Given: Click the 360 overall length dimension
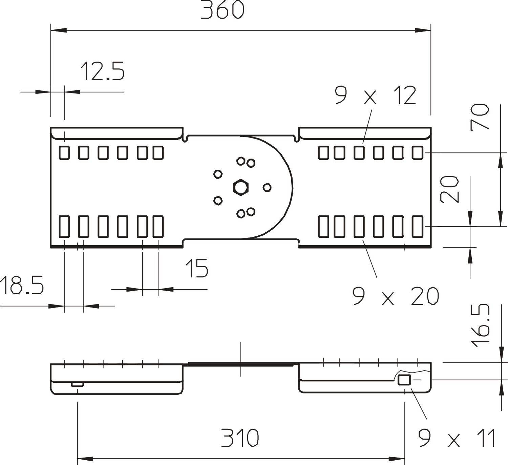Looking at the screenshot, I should (x=222, y=10).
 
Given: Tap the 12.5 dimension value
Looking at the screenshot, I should (x=102, y=71).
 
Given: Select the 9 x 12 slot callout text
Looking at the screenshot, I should (x=375, y=96).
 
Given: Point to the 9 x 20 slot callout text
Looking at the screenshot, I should (x=395, y=296).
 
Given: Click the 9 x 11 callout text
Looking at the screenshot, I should (x=457, y=438).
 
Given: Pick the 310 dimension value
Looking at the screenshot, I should (x=240, y=438).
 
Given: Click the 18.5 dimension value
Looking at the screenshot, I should (x=22, y=285).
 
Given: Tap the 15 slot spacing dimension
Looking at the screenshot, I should (x=197, y=268).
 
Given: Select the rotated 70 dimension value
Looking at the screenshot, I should (x=480, y=117).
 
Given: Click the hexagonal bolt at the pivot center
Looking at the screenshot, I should (x=240, y=187).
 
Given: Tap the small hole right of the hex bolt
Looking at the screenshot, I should (x=267, y=187).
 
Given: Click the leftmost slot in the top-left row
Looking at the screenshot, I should (x=64, y=153).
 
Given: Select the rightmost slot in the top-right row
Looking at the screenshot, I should (x=418, y=153).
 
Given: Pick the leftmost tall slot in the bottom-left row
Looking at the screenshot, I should (x=64, y=226).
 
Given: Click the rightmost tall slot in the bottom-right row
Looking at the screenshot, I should (x=418, y=226).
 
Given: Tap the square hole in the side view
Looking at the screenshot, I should (x=404, y=380).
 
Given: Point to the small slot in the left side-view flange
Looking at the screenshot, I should (x=77, y=384).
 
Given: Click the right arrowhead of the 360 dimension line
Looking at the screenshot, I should (x=423, y=30).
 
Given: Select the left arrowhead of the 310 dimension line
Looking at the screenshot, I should (x=85, y=459).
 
